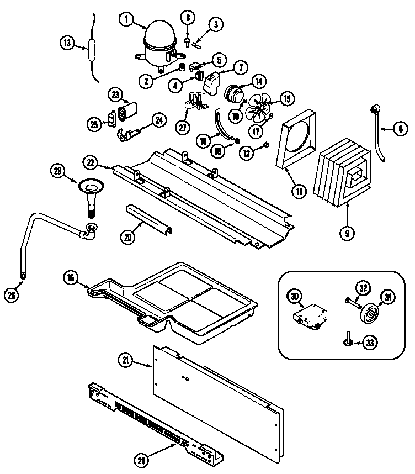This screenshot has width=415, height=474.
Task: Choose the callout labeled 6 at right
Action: [x=400, y=129]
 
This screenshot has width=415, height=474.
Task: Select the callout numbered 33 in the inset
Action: [x=370, y=343]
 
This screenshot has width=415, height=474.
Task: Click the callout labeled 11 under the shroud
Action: [x=299, y=192]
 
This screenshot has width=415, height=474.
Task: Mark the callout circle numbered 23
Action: [x=116, y=94]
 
